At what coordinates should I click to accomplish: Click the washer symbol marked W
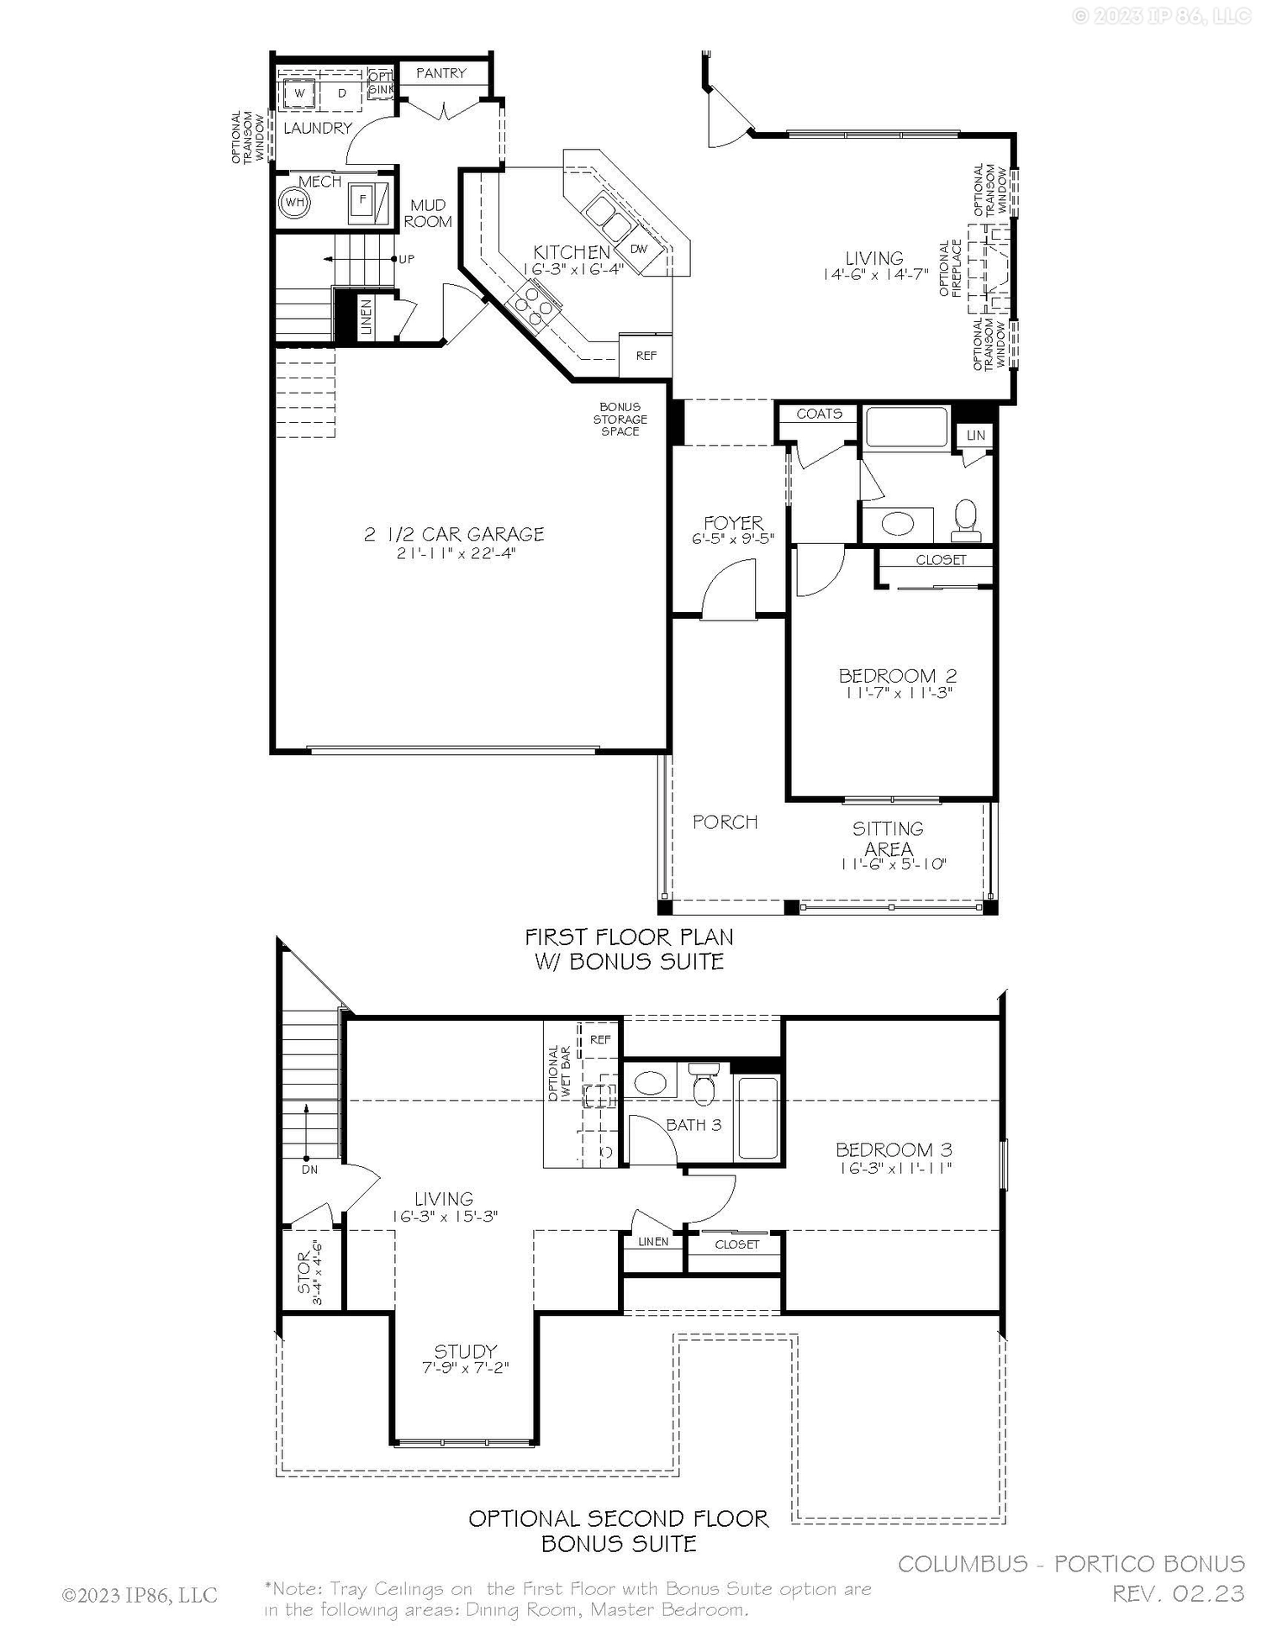point(298,93)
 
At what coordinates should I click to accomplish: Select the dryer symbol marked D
point(341,93)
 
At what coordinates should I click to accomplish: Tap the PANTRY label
point(441,73)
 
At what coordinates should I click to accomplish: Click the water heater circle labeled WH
point(294,203)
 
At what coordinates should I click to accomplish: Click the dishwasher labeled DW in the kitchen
point(638,249)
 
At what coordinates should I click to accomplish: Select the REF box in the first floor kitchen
point(646,356)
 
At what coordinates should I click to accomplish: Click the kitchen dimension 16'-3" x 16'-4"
point(572,269)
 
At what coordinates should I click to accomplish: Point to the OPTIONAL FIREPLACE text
point(950,268)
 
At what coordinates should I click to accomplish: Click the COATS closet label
point(819,414)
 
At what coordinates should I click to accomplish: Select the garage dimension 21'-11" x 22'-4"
point(455,553)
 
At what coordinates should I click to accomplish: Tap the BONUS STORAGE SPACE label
point(620,419)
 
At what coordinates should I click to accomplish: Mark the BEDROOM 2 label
point(897,675)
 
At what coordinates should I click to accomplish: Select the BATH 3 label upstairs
point(694,1125)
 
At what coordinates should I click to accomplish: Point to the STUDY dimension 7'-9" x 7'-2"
point(465,1368)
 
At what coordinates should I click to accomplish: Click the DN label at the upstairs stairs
point(309,1170)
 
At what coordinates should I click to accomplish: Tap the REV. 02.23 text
point(1178,1593)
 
